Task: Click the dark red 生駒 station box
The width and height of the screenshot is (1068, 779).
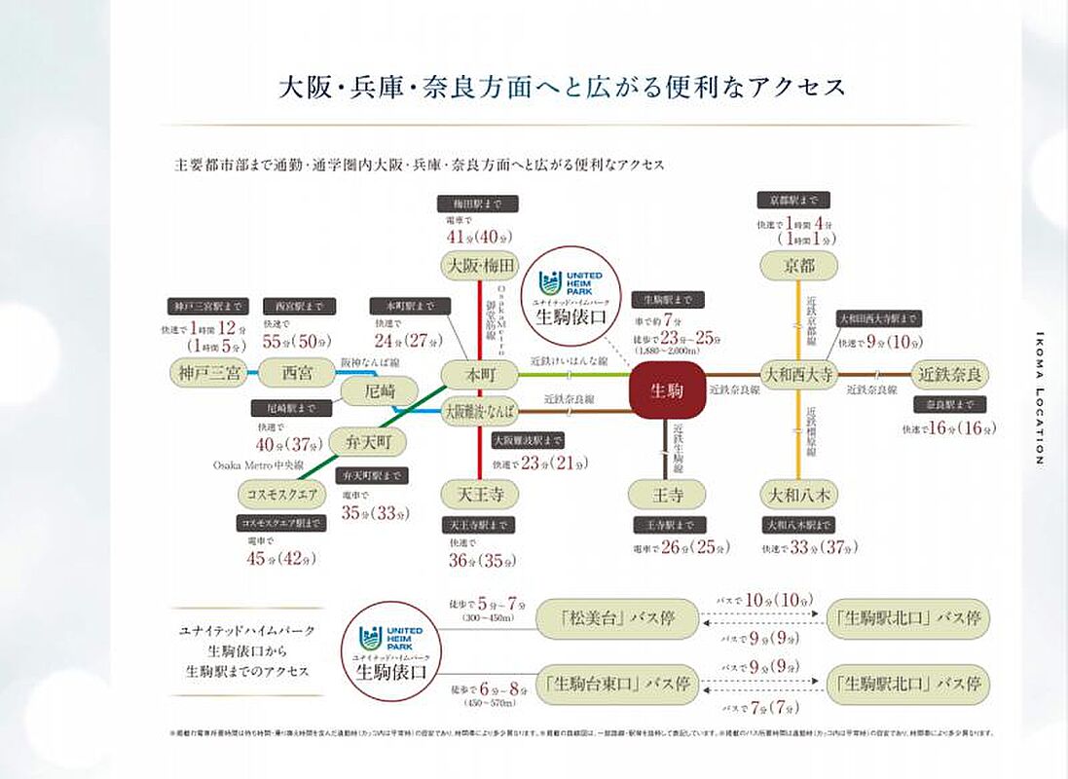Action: (x=668, y=391)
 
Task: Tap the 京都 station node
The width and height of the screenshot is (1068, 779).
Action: (x=799, y=265)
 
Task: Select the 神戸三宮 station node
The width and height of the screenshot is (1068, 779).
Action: (x=207, y=373)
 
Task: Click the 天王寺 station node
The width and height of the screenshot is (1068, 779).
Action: (x=479, y=494)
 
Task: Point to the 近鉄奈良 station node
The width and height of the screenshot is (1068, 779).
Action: (x=949, y=374)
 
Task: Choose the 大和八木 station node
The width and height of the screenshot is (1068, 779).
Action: (x=798, y=494)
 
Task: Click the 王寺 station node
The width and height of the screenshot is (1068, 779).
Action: (x=667, y=494)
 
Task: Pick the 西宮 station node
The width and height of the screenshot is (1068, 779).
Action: (x=288, y=373)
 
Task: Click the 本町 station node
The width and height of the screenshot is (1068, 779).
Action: (x=479, y=374)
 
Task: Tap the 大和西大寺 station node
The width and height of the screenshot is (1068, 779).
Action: (x=798, y=374)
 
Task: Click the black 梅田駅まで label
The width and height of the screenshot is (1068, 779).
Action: (x=478, y=204)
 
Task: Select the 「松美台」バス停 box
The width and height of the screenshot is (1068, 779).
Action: (x=617, y=617)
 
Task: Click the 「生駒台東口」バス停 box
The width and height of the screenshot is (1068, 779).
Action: (x=617, y=683)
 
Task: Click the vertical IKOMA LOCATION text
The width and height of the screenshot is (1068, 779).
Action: (x=1039, y=399)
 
